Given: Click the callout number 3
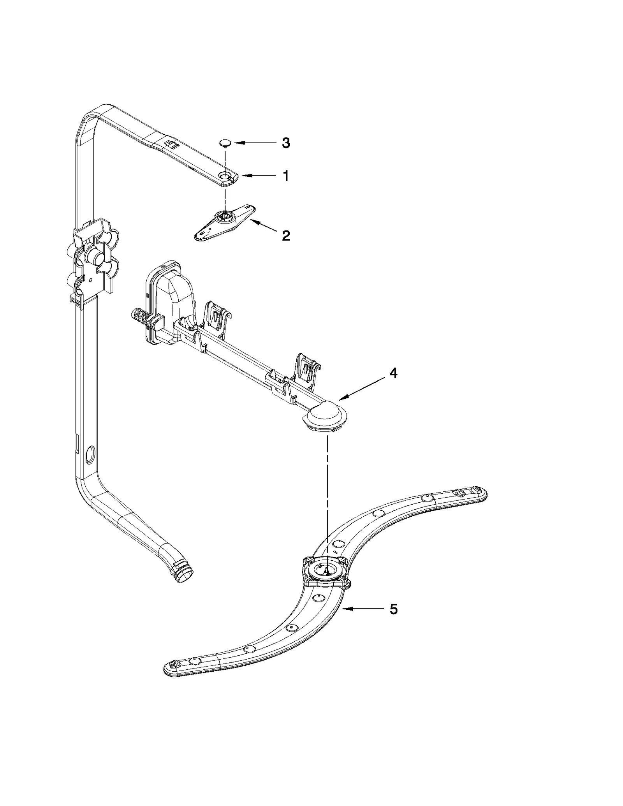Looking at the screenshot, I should pos(286,143).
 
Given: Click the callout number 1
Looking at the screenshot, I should pos(286,176).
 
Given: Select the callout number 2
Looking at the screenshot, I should pos(286,235).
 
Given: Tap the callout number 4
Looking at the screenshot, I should pos(394,373).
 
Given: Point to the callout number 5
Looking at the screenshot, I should pos(394,609).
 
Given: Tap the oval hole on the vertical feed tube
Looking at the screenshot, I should pos(89,454).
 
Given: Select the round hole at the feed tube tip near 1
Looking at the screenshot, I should pos(225,176).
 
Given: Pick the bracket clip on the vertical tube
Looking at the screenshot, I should pos(93,259).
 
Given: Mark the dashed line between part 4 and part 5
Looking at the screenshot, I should pos(327,491).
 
